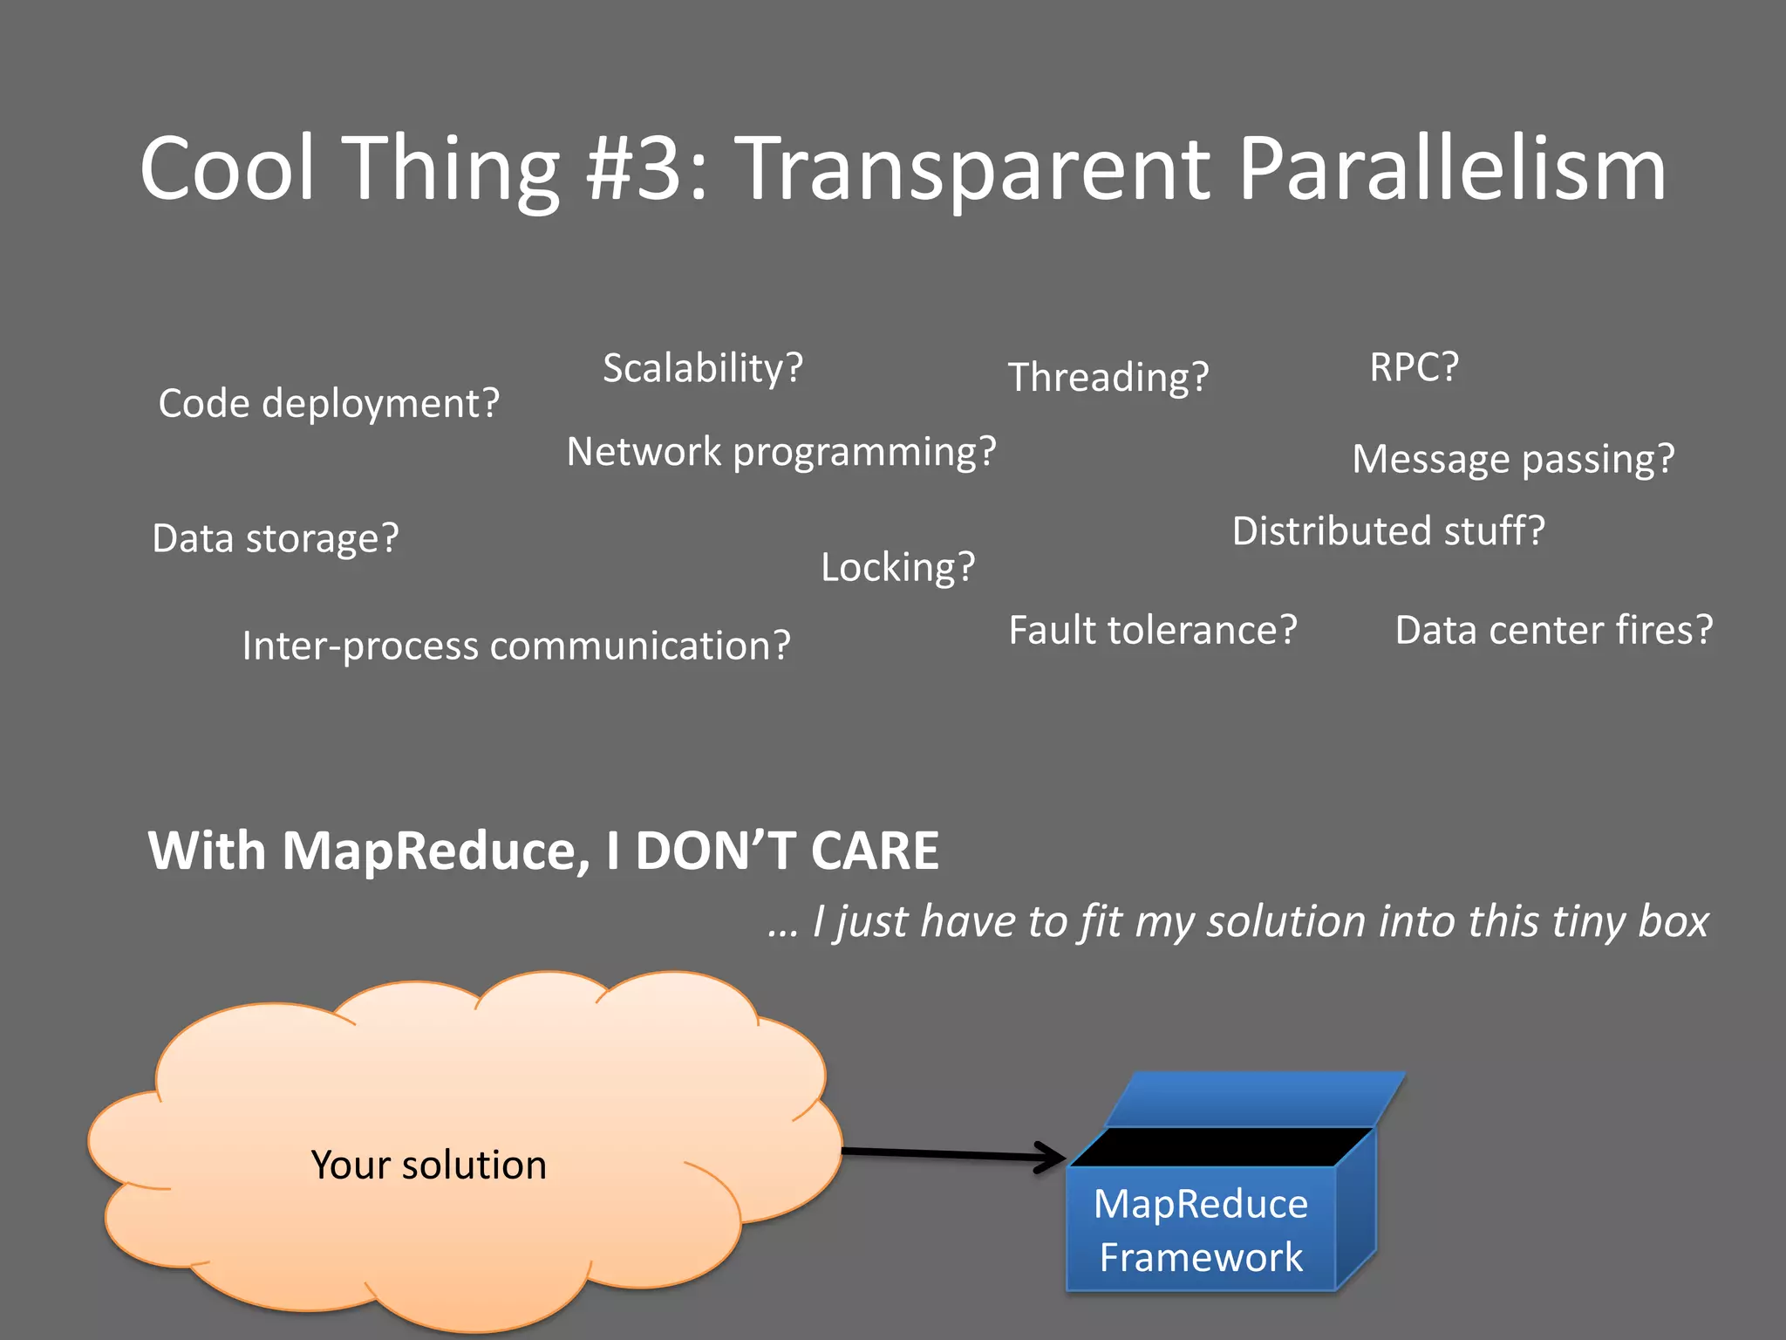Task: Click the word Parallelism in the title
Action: point(1451,170)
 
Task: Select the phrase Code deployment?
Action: point(329,404)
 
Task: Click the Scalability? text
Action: point(702,368)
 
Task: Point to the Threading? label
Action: point(1108,378)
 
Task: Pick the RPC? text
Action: point(1414,367)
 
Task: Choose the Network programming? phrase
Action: point(781,453)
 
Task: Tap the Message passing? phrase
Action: point(1513,460)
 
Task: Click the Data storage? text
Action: point(275,538)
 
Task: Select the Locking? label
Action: point(897,568)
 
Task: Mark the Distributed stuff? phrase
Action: point(1388,531)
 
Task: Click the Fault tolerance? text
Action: point(1152,631)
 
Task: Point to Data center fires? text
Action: point(1553,631)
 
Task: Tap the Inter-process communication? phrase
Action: point(515,646)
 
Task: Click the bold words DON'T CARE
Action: point(787,851)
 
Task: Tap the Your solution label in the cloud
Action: point(428,1166)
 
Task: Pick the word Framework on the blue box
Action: point(1201,1257)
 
